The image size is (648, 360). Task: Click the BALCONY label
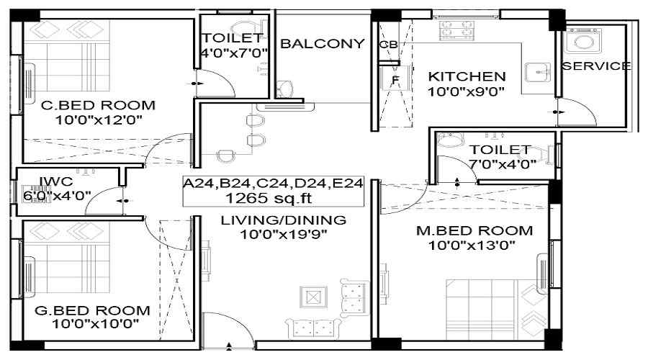[323, 43]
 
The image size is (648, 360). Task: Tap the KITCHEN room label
[467, 76]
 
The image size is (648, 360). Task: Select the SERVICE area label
[596, 66]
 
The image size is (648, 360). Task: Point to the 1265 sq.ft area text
[269, 198]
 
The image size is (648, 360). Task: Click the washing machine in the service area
[583, 40]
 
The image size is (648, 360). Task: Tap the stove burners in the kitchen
[456, 30]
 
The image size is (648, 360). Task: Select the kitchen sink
[538, 73]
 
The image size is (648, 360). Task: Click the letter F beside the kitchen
[395, 80]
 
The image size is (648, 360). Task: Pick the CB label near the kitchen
[389, 44]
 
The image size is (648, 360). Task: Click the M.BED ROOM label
[474, 230]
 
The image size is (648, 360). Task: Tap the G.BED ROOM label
[92, 310]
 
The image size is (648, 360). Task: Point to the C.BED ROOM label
[99, 105]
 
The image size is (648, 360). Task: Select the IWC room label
[55, 181]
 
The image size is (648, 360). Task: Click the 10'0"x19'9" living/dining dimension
[284, 234]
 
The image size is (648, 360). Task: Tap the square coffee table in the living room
[314, 297]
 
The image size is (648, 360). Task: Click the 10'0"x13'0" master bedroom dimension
[472, 246]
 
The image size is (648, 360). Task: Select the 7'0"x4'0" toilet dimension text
[502, 164]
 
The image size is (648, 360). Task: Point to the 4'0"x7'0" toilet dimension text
[234, 53]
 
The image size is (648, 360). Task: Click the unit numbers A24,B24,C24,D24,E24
[273, 183]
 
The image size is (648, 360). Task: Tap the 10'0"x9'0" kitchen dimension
[466, 91]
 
